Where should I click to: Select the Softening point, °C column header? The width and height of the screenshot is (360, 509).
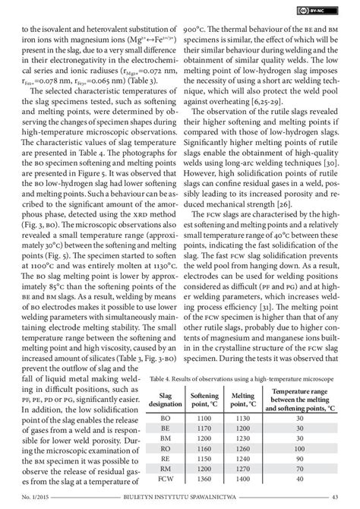(x=204, y=400)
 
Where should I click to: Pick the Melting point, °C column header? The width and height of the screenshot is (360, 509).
(x=242, y=400)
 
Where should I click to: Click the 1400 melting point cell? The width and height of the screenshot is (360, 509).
(x=242, y=480)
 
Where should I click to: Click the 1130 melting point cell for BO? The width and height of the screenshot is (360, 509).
(x=242, y=419)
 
